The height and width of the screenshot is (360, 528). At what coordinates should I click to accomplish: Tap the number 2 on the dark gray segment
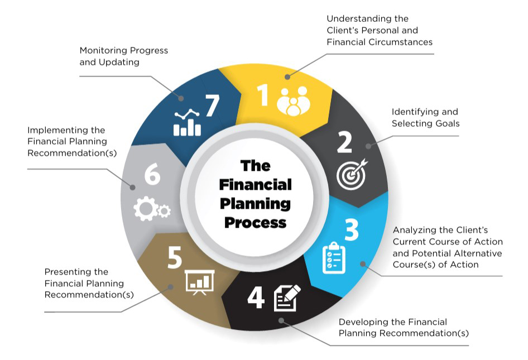(x=344, y=142)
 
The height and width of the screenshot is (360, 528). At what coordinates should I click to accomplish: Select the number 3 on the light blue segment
(x=351, y=229)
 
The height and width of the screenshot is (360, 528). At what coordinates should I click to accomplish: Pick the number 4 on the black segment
(x=256, y=297)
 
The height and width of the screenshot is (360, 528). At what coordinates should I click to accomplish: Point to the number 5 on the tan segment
(x=174, y=258)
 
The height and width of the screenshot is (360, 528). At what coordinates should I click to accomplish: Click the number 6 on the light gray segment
(x=152, y=175)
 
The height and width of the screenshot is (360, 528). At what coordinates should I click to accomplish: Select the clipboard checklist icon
(x=334, y=257)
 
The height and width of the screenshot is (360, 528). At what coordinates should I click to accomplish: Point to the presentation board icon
(x=199, y=282)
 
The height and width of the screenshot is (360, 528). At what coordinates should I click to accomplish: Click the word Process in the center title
(x=255, y=222)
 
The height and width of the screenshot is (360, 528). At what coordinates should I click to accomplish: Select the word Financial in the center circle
(x=255, y=184)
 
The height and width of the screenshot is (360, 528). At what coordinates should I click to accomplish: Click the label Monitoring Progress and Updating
(x=123, y=56)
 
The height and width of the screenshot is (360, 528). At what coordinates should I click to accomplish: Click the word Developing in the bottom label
(x=363, y=322)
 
